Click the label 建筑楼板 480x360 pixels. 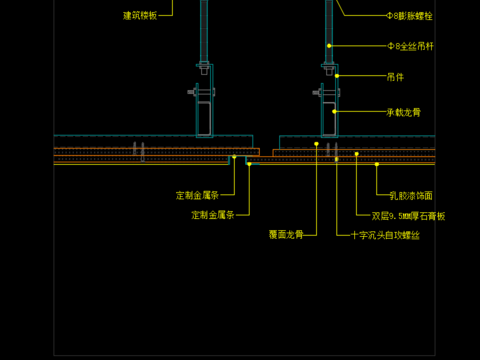(x=140, y=15)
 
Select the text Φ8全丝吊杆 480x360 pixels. (x=410, y=46)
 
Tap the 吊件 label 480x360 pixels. (x=395, y=76)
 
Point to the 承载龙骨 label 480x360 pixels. (x=403, y=113)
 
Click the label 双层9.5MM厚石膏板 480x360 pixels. (x=408, y=215)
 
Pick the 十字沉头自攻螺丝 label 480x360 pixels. (x=385, y=235)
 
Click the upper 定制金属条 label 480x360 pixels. (x=197, y=195)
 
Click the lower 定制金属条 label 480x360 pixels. (x=213, y=214)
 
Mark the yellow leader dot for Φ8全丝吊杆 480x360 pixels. (x=329, y=46)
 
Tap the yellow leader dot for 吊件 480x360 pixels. (x=337, y=76)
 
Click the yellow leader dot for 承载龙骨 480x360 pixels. (x=335, y=112)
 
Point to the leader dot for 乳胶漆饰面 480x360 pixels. (x=377, y=164)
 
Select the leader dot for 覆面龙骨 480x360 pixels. (x=316, y=144)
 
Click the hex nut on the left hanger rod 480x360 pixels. (x=204, y=69)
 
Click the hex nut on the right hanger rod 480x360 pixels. (x=328, y=69)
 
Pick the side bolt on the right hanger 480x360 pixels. (x=317, y=92)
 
